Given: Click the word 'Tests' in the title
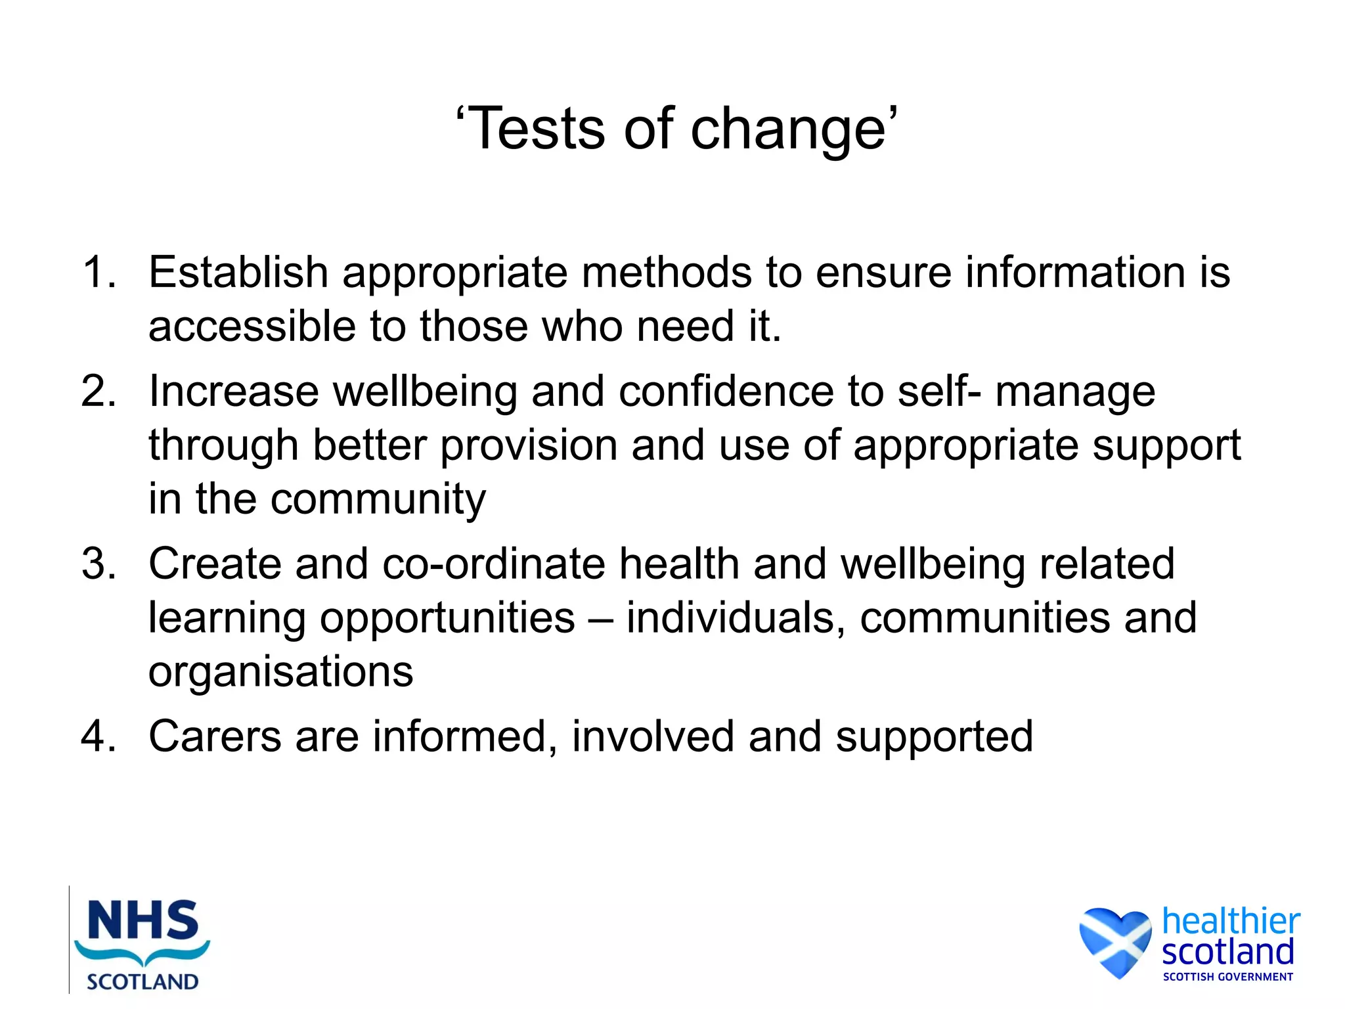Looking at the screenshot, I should [538, 129].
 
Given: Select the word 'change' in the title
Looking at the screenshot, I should [788, 130].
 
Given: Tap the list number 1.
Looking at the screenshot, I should [99, 272].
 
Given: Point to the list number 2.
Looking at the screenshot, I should [99, 392].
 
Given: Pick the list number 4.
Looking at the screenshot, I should [99, 736].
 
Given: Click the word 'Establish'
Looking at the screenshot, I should [238, 272].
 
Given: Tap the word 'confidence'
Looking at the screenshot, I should [726, 392].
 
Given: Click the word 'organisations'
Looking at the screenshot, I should [281, 671].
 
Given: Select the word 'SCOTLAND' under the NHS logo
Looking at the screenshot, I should [143, 982].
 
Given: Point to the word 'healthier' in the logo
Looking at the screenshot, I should [1231, 921].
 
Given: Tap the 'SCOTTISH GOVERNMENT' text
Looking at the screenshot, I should [1227, 977].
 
